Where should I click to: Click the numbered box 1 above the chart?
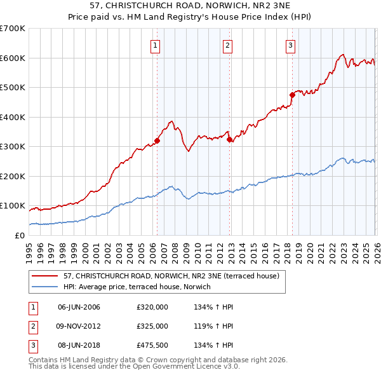click(x=156, y=45)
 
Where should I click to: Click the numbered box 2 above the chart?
click(x=227, y=45)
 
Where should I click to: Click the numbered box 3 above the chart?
click(x=290, y=45)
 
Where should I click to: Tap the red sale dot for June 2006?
click(x=157, y=141)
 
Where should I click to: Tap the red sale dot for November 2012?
click(x=229, y=140)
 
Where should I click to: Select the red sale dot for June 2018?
click(x=292, y=95)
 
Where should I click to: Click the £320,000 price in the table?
click(x=152, y=307)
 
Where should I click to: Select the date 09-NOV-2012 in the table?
click(x=79, y=326)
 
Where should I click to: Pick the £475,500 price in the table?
click(x=152, y=345)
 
